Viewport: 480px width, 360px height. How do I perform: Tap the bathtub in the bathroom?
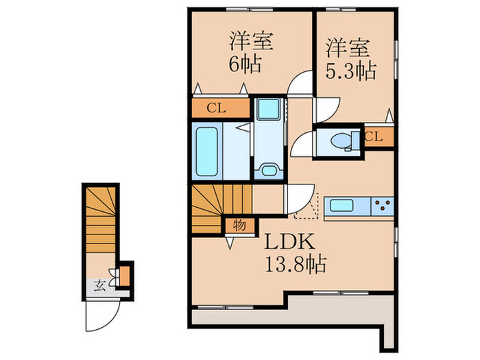206,152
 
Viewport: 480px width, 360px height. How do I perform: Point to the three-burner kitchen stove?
383,206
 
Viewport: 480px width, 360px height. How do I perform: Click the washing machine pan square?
269,108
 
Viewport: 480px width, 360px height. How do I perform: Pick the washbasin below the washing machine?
269,169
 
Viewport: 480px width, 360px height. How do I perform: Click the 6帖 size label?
245,64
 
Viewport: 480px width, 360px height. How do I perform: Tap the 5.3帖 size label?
351,71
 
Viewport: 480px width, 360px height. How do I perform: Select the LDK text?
289,241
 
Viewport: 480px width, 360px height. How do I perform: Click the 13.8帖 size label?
296,264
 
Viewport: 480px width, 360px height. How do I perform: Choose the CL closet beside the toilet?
379,136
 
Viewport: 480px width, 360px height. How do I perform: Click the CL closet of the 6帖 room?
221,108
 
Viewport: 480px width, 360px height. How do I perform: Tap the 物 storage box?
240,226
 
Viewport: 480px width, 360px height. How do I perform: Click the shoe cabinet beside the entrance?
124,276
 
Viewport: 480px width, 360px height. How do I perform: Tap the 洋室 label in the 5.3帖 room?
348,48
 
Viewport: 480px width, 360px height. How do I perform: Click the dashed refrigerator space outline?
306,206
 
